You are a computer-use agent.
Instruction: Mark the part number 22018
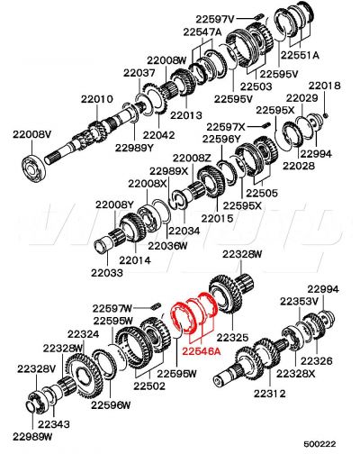coord(325,86)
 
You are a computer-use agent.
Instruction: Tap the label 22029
coord(301,97)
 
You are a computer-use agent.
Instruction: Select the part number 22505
coord(262,192)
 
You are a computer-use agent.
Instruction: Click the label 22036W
coord(167,245)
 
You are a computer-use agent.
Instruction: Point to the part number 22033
coord(107,270)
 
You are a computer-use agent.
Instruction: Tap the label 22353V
coord(298,301)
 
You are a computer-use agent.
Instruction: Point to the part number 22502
coord(149,386)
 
